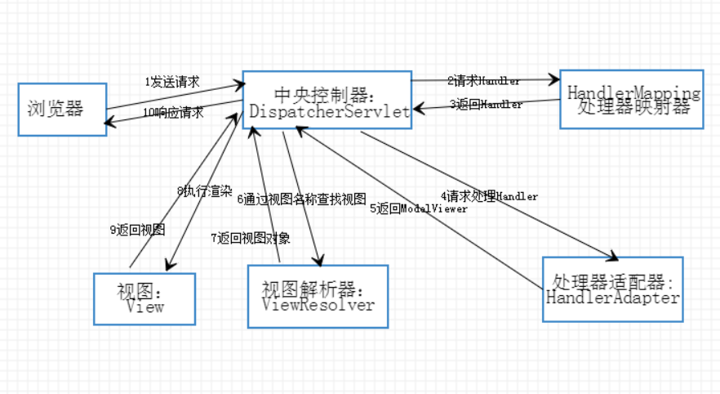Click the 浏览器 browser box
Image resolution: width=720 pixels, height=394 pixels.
click(x=62, y=109)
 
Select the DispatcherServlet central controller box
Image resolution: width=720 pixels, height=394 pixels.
click(x=327, y=99)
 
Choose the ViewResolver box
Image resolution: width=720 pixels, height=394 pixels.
click(x=318, y=296)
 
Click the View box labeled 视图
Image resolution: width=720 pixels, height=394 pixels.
click(x=145, y=298)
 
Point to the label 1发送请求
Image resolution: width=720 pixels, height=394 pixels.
click(x=172, y=82)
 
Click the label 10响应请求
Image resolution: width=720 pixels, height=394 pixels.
click(x=173, y=112)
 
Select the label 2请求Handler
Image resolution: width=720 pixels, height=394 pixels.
click(x=483, y=81)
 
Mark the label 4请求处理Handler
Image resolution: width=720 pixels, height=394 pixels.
click(x=489, y=196)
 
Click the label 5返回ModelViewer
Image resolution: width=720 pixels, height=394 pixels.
click(x=419, y=208)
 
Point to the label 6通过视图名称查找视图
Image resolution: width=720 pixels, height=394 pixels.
click(x=301, y=198)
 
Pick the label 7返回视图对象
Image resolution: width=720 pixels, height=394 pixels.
click(x=250, y=238)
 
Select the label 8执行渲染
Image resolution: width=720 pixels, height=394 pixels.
click(x=204, y=190)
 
